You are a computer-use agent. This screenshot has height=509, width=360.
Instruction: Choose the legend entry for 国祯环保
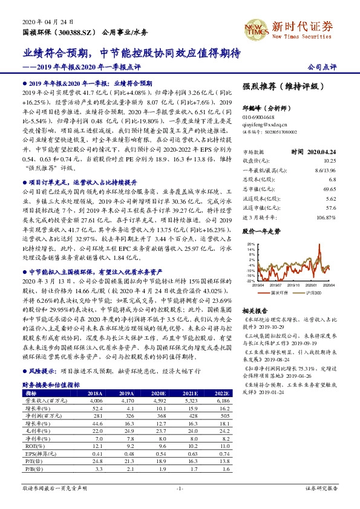coord(279,292)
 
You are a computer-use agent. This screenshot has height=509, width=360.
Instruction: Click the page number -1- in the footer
coord(179,487)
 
